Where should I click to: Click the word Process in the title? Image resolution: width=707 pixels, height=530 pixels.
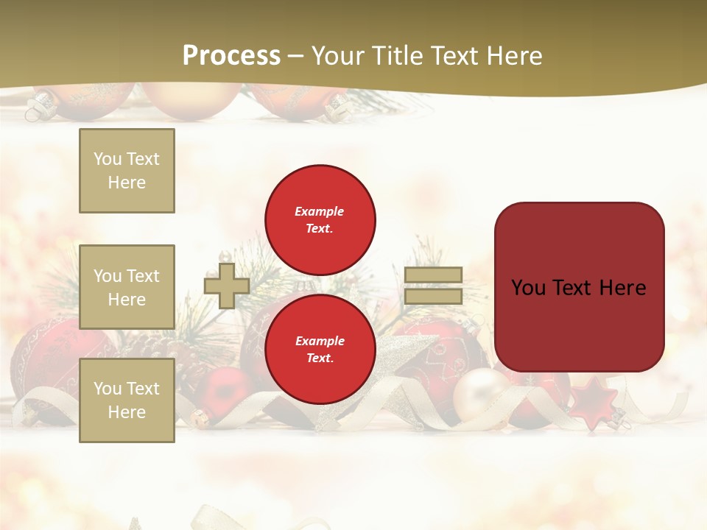coord(231,56)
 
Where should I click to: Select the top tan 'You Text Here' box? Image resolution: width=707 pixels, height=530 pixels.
coord(127,171)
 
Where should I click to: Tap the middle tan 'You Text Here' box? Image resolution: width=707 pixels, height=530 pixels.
coord(127,287)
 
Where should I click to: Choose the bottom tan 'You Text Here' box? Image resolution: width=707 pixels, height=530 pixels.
coord(127,400)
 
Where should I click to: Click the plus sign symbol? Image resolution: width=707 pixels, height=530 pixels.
coord(226,286)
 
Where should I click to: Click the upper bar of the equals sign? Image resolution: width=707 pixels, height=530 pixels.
coord(433,275)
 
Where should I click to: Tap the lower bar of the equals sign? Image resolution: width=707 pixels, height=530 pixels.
coord(433,296)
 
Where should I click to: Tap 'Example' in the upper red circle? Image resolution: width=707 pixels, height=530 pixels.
coord(319,211)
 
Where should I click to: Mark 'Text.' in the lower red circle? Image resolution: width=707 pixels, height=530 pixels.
coord(319,358)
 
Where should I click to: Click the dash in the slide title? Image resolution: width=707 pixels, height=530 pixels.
coord(296,56)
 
